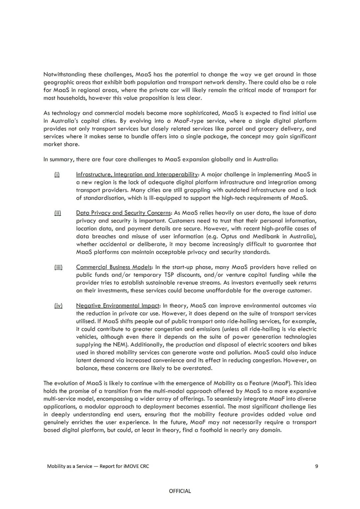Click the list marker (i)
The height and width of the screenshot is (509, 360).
(x=57, y=174)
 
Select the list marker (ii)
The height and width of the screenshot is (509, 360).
(x=58, y=213)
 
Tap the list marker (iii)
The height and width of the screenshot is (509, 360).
(x=58, y=267)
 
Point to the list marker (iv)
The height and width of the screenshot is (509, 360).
(x=58, y=306)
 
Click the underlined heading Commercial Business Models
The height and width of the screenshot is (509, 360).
(x=114, y=267)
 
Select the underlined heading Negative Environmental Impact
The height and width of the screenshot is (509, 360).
(x=118, y=306)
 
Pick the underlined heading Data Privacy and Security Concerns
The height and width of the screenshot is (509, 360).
(x=123, y=213)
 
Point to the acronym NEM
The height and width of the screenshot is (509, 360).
(x=118, y=345)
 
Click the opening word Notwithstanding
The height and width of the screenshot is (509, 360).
(x=65, y=75)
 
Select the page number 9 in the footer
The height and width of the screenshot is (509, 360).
(x=316, y=466)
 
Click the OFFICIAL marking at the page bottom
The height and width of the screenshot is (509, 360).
(x=180, y=491)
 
